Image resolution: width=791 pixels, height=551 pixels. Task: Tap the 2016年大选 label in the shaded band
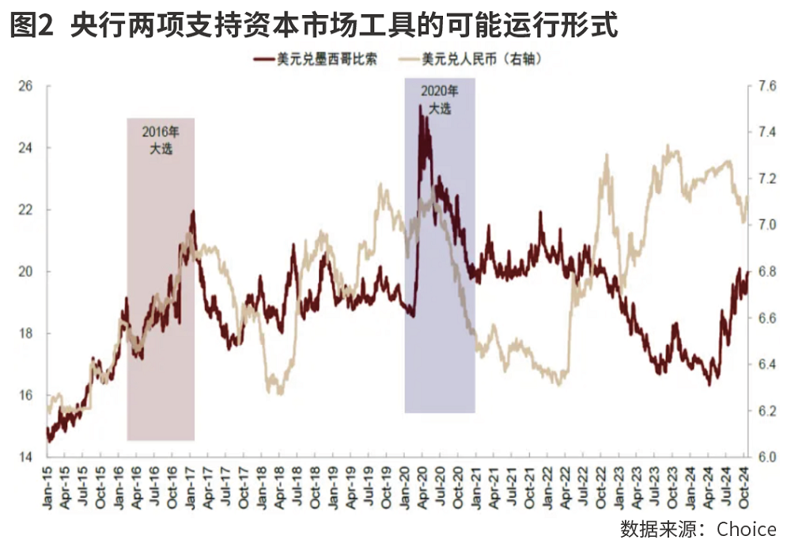pyautogui.click(x=161, y=139)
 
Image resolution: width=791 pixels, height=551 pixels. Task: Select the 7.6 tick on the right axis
pyautogui.click(x=766, y=86)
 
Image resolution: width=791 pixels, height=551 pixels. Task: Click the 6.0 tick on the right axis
pyautogui.click(x=766, y=457)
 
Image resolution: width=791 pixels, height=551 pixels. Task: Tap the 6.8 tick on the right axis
pyautogui.click(x=766, y=272)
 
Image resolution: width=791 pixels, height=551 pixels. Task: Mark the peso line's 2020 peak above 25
pyautogui.click(x=420, y=106)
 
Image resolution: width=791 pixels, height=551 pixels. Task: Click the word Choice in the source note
pyautogui.click(x=747, y=529)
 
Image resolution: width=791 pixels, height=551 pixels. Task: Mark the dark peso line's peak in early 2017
pyautogui.click(x=192, y=211)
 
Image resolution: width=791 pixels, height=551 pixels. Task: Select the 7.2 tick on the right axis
pyautogui.click(x=766, y=179)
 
